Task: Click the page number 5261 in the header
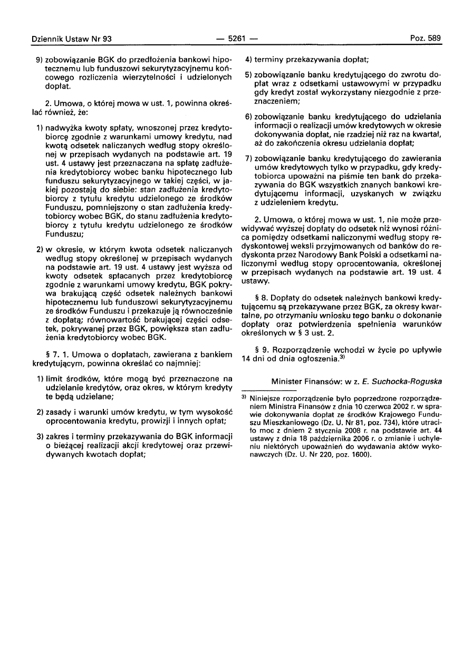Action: [236, 39]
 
